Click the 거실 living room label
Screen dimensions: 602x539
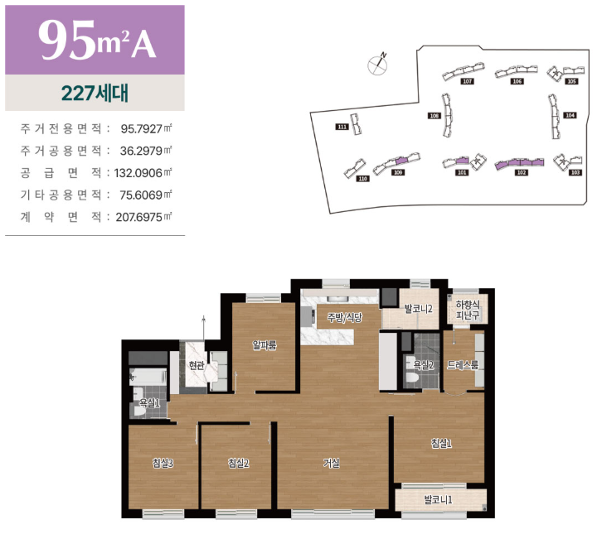(x=332, y=463)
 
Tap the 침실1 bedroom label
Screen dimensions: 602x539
(x=441, y=444)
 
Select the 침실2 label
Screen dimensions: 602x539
(x=239, y=463)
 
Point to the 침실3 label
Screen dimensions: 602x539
(x=163, y=463)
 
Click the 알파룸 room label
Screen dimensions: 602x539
(x=265, y=345)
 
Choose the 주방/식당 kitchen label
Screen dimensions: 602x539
(x=344, y=317)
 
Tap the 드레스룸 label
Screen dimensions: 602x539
(x=463, y=365)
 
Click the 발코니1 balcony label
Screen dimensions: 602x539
(x=438, y=499)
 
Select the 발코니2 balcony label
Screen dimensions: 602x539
(x=419, y=309)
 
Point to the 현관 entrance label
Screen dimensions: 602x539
(x=197, y=365)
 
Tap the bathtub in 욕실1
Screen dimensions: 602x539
(x=148, y=377)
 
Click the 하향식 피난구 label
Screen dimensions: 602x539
(x=468, y=310)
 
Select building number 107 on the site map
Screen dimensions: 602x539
(x=467, y=81)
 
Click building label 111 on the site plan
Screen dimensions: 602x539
(x=342, y=127)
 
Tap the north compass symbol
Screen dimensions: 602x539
(x=378, y=64)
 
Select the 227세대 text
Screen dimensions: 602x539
(x=95, y=93)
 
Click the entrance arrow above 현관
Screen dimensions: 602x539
(x=204, y=328)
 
